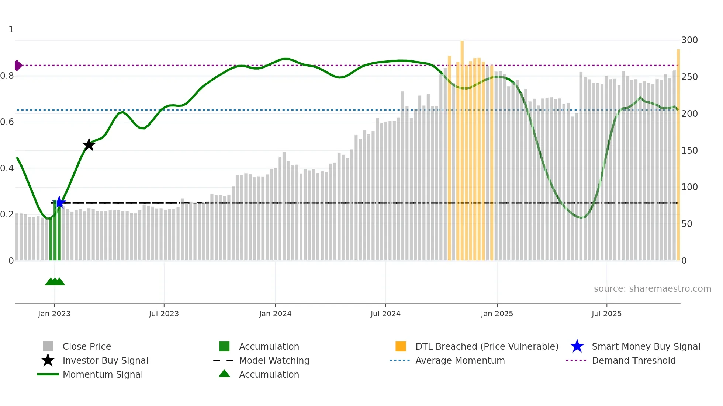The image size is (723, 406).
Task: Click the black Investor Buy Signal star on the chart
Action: click(x=89, y=145)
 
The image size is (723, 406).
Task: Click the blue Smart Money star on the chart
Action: click(x=59, y=202)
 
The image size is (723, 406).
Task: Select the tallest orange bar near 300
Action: click(x=462, y=147)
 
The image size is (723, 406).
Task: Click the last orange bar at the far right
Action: click(x=678, y=155)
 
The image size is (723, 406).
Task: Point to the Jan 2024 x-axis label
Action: click(x=275, y=314)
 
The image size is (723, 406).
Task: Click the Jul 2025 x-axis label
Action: click(x=606, y=314)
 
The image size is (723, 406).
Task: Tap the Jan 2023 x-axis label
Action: click(x=54, y=314)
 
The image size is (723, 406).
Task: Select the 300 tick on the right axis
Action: click(x=689, y=40)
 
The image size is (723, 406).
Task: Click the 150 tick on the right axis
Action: click(x=689, y=151)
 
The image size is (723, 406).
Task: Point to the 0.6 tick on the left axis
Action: click(x=7, y=122)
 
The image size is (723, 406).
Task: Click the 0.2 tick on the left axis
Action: click(x=7, y=214)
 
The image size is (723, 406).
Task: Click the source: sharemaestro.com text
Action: click(x=652, y=289)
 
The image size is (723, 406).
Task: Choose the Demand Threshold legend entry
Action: click(x=633, y=360)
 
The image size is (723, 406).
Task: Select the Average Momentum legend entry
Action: click(x=460, y=360)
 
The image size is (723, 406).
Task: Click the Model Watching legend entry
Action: click(x=274, y=360)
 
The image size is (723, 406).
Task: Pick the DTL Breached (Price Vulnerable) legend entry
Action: click(x=487, y=346)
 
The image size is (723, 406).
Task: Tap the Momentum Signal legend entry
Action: click(x=103, y=374)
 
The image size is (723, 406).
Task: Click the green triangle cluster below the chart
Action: click(x=55, y=281)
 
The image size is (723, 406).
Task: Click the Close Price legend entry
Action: click(x=87, y=346)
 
